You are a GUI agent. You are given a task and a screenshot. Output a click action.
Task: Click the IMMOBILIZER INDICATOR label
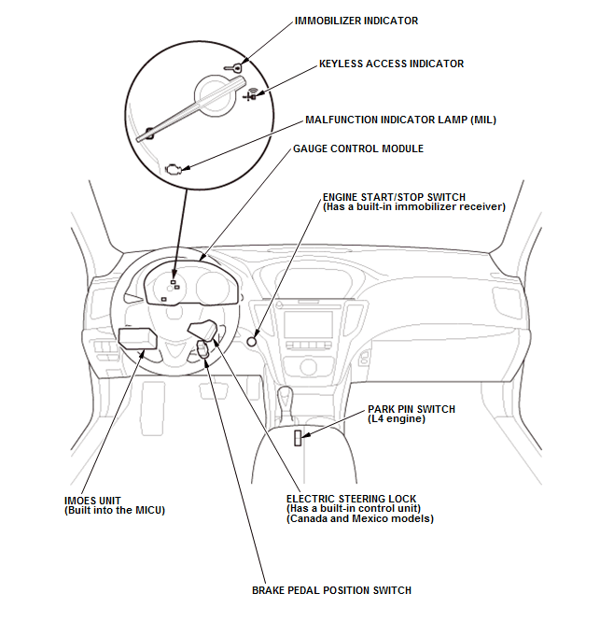tap(356, 21)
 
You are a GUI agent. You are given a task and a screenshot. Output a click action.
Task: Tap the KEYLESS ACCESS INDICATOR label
tap(391, 64)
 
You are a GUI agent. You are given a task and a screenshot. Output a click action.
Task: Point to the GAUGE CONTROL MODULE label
tap(357, 148)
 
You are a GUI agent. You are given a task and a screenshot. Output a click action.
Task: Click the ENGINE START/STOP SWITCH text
tap(394, 197)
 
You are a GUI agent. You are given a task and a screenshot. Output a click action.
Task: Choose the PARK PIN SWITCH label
tap(411, 409)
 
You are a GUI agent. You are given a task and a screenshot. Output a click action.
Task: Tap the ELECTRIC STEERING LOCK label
tap(351, 499)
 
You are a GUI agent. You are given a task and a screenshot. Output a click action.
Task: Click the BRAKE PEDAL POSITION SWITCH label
tap(331, 590)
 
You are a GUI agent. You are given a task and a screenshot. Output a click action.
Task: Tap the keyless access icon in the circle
tap(250, 94)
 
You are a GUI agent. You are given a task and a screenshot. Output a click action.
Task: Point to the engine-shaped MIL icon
tap(173, 169)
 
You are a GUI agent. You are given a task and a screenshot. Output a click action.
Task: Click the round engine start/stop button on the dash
tap(252, 341)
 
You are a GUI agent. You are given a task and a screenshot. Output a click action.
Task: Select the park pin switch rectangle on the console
tap(298, 438)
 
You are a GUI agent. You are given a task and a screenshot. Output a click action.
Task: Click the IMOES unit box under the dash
tap(137, 337)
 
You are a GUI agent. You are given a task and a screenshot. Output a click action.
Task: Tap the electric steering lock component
tap(205, 329)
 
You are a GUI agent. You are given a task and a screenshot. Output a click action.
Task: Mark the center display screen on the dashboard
tap(308, 325)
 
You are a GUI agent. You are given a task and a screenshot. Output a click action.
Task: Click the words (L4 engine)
tap(396, 419)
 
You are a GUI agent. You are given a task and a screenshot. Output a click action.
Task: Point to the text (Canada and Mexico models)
tap(359, 518)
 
